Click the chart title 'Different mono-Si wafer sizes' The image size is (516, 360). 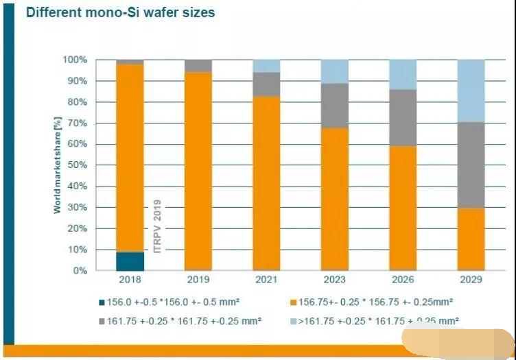click(120, 12)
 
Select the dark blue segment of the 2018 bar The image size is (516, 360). click(130, 261)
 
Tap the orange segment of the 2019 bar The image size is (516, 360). click(198, 171)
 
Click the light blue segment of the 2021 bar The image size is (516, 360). click(266, 66)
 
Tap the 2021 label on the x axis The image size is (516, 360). click(266, 280)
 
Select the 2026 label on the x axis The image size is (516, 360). click(402, 280)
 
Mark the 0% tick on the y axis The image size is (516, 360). click(81, 271)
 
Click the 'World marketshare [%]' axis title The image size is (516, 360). click(58, 165)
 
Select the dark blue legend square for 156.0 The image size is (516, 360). click(101, 300)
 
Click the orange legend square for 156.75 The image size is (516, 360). click(293, 300)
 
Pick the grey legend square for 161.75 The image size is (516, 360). click(101, 320)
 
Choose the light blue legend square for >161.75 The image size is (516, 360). click(293, 320)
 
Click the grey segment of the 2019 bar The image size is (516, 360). click(198, 66)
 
